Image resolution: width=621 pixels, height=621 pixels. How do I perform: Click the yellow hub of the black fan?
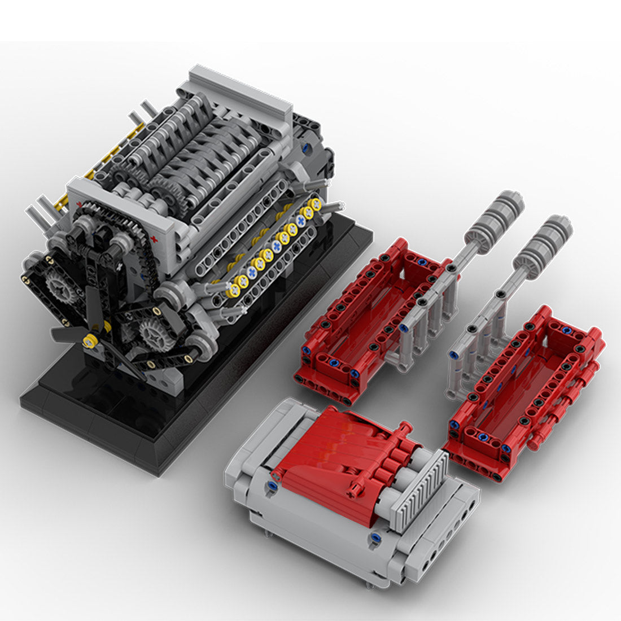(x=89, y=340)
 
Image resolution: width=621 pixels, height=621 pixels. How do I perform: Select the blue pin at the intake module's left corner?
(x=273, y=485)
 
